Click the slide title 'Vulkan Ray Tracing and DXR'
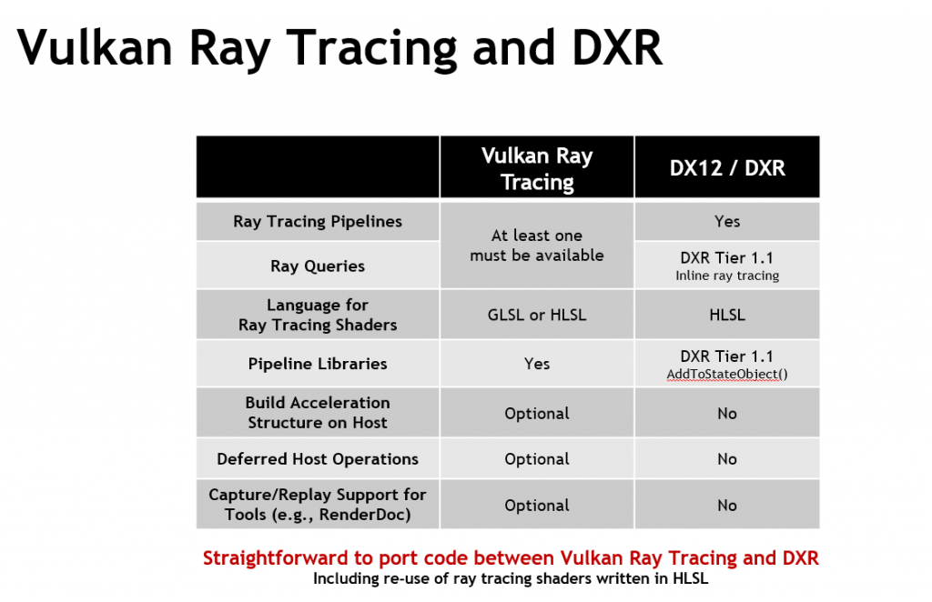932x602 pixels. pos(339,47)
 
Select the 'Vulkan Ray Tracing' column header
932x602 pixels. pos(537,168)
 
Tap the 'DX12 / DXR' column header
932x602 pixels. pos(727,168)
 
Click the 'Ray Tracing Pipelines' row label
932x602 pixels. pos(318,222)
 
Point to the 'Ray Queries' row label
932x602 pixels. pos(318,266)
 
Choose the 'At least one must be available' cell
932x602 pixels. pos(537,246)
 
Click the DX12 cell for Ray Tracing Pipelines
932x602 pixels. pos(727,222)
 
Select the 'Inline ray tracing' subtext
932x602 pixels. pos(727,276)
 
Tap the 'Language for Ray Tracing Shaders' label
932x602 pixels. pos(318,315)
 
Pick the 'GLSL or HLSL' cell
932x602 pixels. pos(537,315)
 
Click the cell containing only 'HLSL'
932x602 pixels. pos(727,315)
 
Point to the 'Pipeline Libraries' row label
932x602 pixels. pos(318,364)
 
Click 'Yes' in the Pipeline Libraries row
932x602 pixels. pos(537,364)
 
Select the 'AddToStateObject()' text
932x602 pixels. pos(727,374)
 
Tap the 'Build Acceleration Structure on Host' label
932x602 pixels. pos(318,413)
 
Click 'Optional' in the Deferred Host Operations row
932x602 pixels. pos(537,459)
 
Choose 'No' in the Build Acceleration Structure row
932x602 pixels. pos(727,413)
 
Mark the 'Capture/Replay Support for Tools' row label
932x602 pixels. pos(318,504)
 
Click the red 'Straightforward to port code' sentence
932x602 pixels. pos(511,558)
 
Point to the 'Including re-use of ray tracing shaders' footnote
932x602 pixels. pos(511,578)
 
